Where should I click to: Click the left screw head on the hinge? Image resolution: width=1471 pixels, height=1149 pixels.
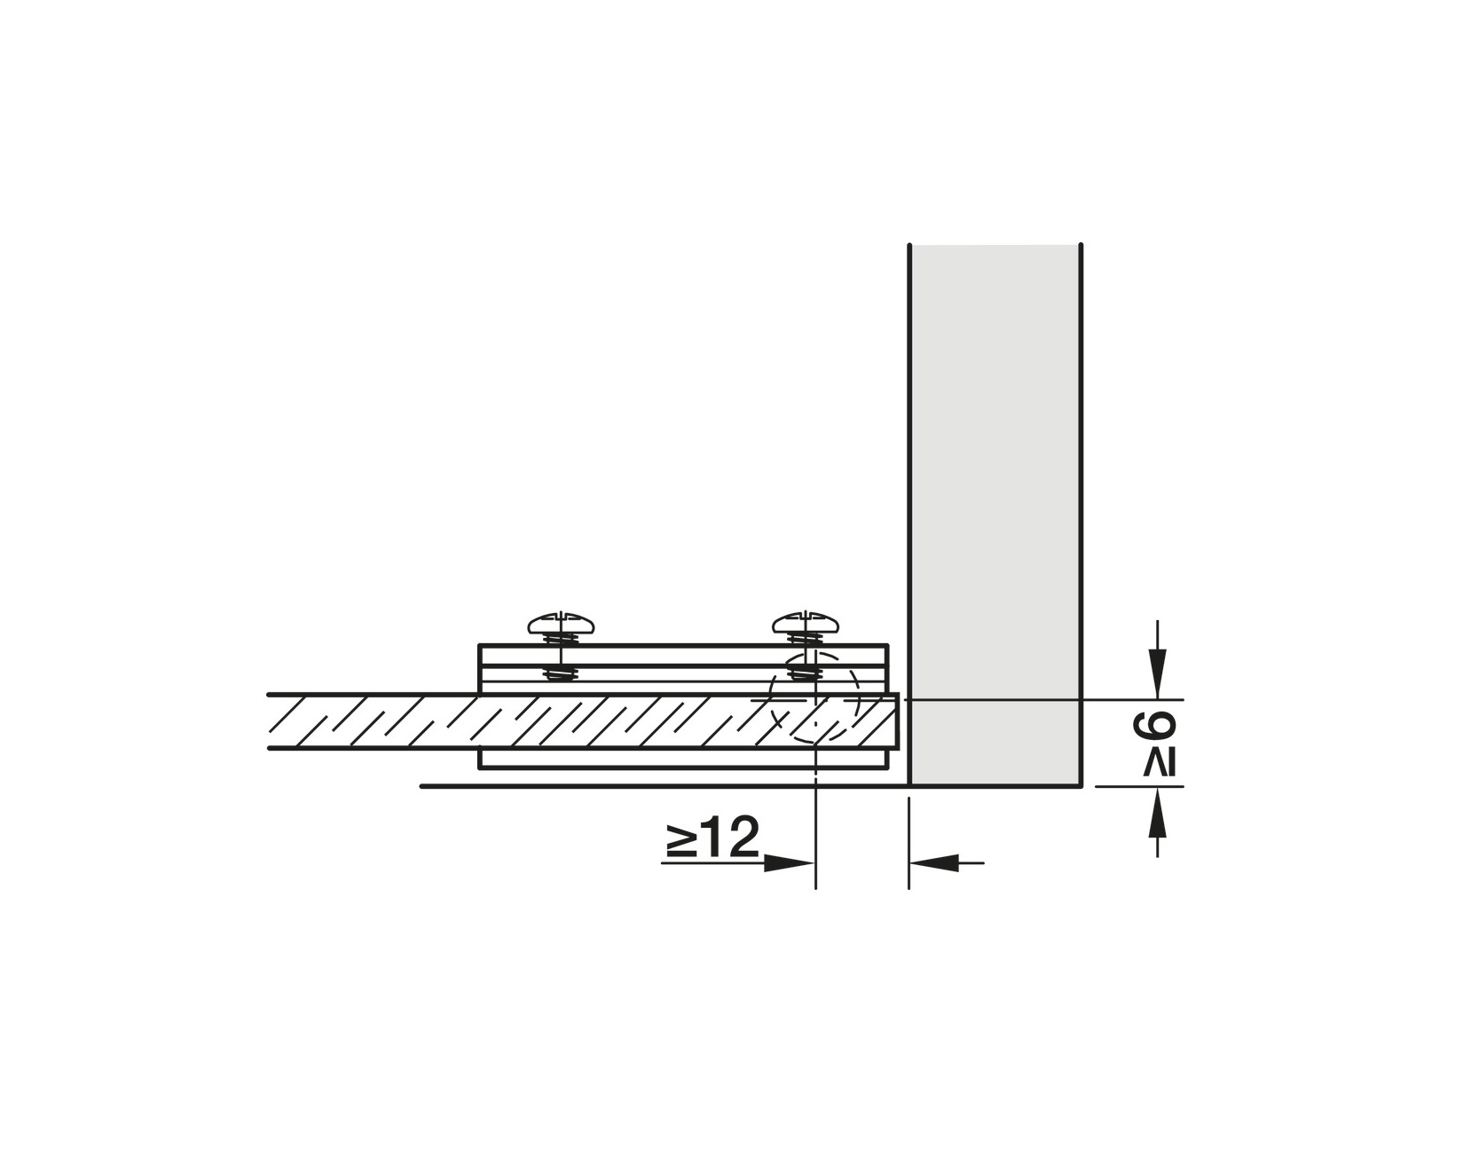561,623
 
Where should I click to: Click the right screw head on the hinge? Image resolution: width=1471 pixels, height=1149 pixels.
806,623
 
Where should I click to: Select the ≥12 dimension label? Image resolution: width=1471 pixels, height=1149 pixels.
712,838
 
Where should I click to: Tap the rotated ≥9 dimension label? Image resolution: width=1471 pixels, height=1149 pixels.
1155,745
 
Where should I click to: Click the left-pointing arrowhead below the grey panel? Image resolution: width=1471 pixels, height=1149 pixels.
935,862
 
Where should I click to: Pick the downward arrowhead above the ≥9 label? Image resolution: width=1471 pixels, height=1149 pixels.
1158,673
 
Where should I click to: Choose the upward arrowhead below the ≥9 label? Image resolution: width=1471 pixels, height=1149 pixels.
1158,813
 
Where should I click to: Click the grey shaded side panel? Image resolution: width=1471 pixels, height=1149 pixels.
995,515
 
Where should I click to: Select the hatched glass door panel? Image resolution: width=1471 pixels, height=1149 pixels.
582,722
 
